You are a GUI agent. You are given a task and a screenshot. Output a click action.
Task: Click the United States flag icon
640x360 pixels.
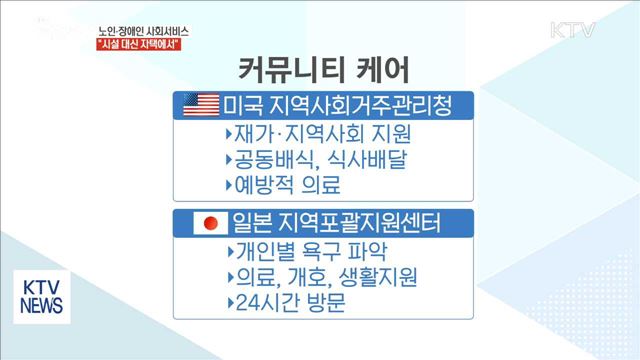click(x=201, y=104)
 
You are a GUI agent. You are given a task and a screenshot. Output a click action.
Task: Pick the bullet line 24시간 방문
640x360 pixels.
click(x=283, y=302)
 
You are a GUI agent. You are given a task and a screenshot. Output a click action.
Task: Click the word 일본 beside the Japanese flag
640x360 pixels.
click(x=247, y=222)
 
